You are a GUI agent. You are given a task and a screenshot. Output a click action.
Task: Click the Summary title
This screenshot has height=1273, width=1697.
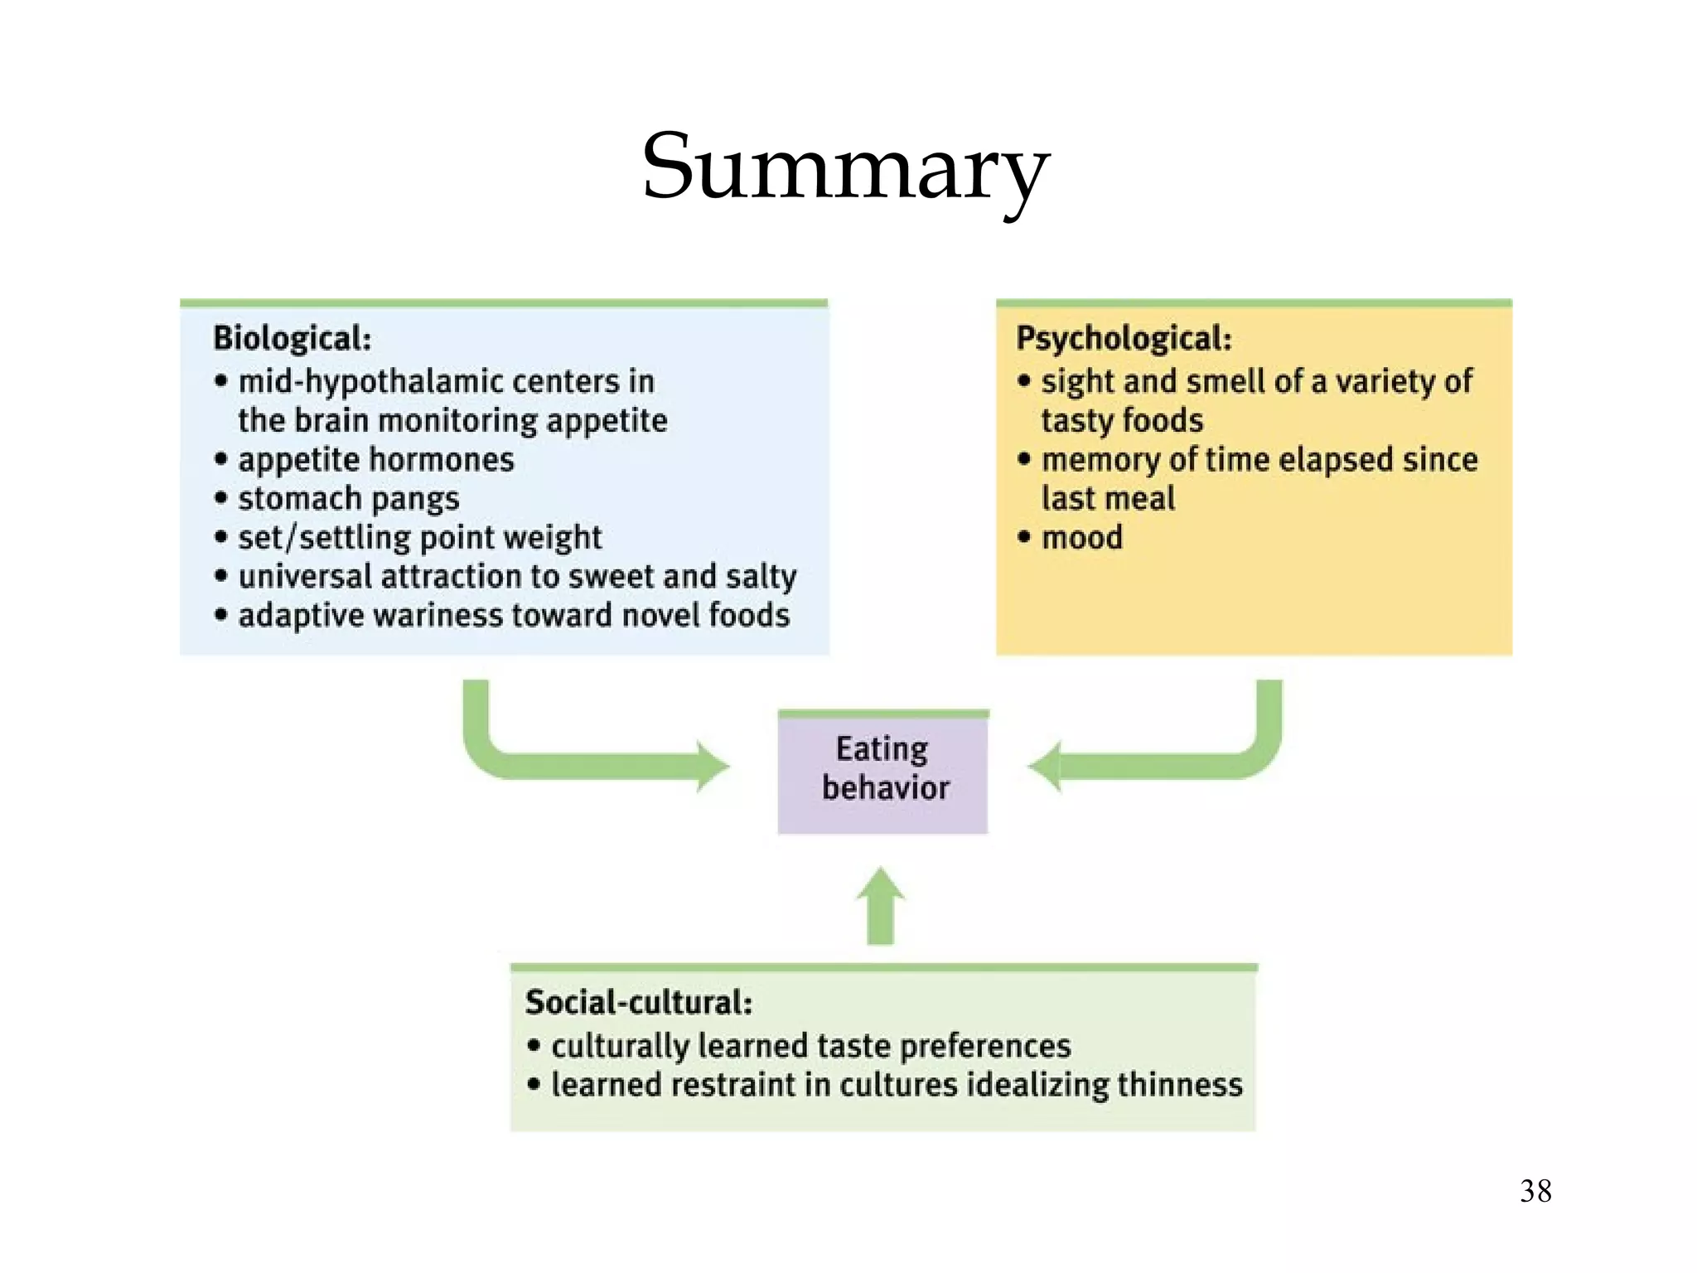coord(845,167)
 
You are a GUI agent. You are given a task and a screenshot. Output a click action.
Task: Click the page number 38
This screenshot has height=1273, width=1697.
coord(1535,1191)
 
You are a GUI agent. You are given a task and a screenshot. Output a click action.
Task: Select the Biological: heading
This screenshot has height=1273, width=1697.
coord(292,338)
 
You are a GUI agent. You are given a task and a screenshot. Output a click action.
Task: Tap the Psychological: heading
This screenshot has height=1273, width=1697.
coord(1124,338)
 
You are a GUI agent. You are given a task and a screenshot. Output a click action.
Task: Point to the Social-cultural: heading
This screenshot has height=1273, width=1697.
coord(639,1003)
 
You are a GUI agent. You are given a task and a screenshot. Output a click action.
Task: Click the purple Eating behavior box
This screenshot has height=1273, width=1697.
coord(883,771)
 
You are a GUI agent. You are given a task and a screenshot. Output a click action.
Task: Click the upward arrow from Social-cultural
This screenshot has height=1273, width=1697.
coord(880,908)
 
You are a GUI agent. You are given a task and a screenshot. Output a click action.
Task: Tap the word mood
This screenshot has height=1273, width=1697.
coord(1082,538)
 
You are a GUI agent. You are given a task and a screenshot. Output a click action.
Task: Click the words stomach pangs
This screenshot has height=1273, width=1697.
coord(348,499)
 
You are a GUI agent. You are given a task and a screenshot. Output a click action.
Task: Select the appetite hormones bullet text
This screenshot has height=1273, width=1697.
coord(376,460)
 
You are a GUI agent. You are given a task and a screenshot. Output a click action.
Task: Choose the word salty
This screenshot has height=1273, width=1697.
coord(761,577)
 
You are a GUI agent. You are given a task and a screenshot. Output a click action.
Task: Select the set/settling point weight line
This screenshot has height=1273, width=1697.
coord(419,538)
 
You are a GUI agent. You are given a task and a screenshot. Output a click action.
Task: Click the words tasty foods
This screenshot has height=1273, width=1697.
coord(1122,421)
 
